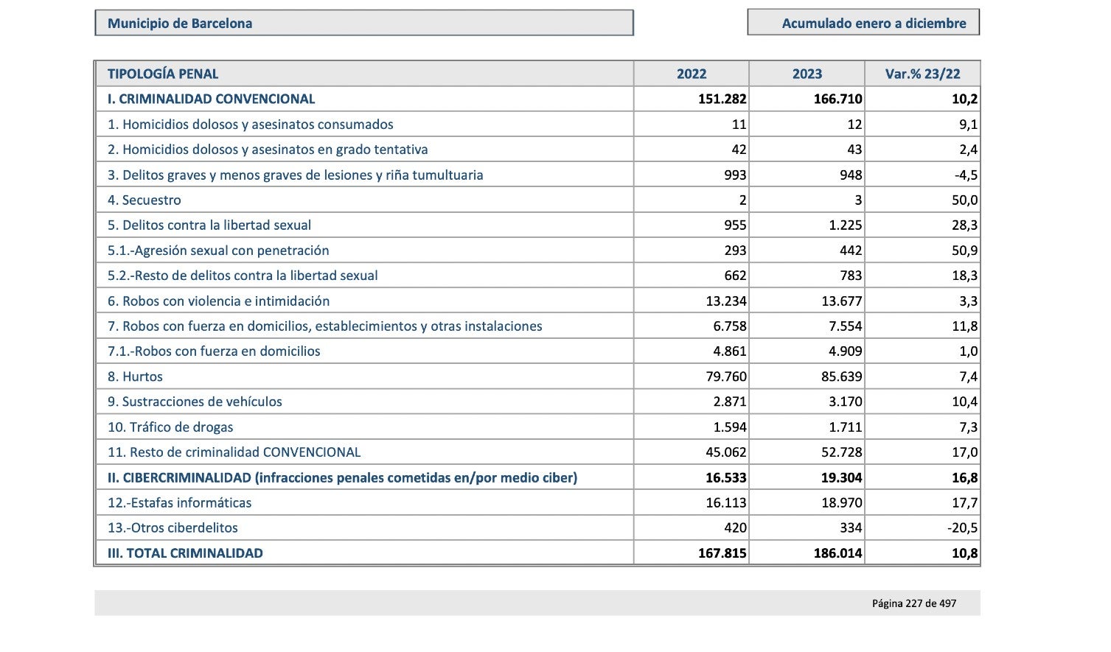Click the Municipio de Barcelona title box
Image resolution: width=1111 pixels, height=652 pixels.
pos(364,23)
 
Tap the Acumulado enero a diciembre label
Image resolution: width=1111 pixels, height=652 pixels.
pos(874,24)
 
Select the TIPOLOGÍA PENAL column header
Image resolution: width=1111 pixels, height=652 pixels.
pos(163,74)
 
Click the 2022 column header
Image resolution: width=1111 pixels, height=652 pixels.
pos(692,74)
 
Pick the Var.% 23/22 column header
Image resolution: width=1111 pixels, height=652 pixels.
pos(922,74)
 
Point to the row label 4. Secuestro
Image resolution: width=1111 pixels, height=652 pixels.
pos(144,200)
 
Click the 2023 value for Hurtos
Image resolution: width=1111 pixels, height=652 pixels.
pos(842,376)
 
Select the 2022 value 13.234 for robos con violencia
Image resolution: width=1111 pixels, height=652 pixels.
pos(726,301)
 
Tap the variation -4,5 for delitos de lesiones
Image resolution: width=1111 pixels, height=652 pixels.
pos(966,175)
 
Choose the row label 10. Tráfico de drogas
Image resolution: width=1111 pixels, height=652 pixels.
pos(170,427)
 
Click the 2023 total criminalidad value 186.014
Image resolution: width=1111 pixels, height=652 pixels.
pos(837,553)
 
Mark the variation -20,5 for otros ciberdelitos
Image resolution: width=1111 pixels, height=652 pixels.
pos(962,527)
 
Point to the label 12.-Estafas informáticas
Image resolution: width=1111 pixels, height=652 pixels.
pos(180,502)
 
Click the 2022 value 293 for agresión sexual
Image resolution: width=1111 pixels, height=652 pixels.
pos(735,250)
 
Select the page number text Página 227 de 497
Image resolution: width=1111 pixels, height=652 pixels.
pos(914,603)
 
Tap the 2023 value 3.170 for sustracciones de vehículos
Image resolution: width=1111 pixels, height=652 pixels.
pos(845,402)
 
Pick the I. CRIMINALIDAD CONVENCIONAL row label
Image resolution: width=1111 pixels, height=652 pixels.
pos(212,99)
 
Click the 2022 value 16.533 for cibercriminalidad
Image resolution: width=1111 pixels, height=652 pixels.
pos(726,477)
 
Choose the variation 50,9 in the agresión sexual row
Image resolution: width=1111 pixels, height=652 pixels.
pos(965,250)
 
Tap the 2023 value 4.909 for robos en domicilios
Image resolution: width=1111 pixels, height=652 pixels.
pos(845,351)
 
